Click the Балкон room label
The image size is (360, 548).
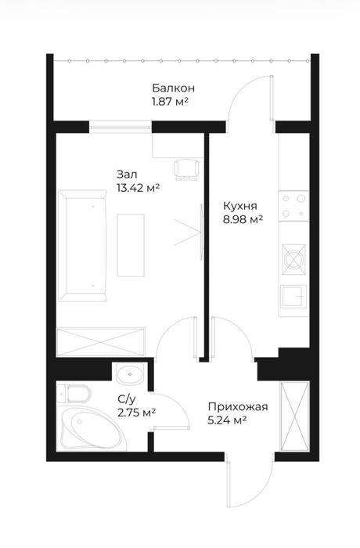click(x=174, y=88)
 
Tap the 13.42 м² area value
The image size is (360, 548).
click(x=138, y=189)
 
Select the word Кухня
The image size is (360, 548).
click(x=240, y=205)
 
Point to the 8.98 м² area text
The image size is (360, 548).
click(x=243, y=219)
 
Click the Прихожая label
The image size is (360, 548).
click(x=238, y=407)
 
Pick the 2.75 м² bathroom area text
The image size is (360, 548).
click(x=137, y=413)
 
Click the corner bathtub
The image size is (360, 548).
click(x=92, y=428)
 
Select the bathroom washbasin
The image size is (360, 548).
click(x=129, y=374)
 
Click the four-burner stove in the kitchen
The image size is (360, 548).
click(x=293, y=206)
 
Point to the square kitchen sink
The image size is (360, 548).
click(x=294, y=297)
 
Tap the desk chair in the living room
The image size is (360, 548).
click(x=186, y=169)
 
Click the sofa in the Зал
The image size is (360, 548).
click(x=83, y=245)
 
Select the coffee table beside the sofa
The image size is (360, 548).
click(x=131, y=245)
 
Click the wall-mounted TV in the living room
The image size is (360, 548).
click(x=201, y=232)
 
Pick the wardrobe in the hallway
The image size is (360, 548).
click(x=294, y=416)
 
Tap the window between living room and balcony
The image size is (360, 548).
click(x=121, y=127)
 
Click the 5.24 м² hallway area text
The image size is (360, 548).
click(x=227, y=420)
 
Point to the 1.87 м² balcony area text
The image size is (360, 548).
click(x=170, y=102)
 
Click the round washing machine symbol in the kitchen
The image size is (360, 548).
click(x=294, y=259)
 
